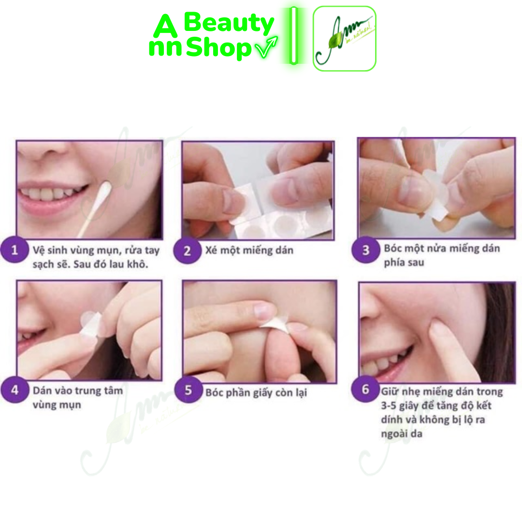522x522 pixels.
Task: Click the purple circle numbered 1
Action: pyautogui.click(x=14, y=249)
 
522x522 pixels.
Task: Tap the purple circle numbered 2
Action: pyautogui.click(x=187, y=251)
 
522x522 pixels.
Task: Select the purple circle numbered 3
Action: pyautogui.click(x=365, y=250)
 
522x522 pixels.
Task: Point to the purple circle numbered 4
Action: pyautogui.click(x=14, y=390)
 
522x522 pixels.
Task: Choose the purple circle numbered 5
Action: pyautogui.click(x=188, y=390)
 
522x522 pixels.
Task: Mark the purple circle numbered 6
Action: pyautogui.click(x=365, y=389)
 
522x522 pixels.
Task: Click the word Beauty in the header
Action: pyautogui.click(x=229, y=23)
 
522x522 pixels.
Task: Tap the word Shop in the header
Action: pyautogui.click(x=218, y=47)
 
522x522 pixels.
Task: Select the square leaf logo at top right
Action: pyautogui.click(x=345, y=39)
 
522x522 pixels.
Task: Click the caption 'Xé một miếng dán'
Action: pyautogui.click(x=249, y=250)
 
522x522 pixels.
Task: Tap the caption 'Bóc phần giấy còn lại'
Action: pyautogui.click(x=256, y=392)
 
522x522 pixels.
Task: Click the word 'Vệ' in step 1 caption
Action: pyautogui.click(x=38, y=250)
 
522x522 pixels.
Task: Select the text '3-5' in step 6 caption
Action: pyautogui.click(x=389, y=406)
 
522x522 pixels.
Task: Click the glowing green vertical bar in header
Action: pyautogui.click(x=293, y=35)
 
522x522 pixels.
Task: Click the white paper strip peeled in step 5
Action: pyautogui.click(x=275, y=324)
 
